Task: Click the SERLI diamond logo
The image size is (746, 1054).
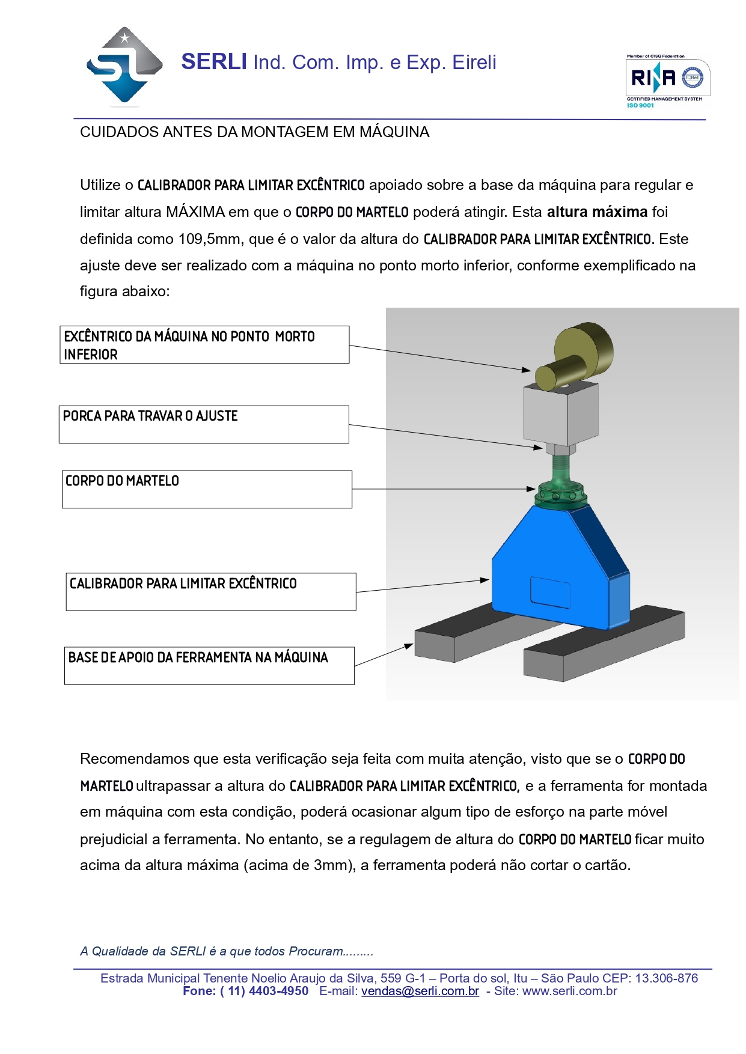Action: coord(124,67)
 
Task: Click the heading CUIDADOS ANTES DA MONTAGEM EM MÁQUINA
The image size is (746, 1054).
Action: coord(254,132)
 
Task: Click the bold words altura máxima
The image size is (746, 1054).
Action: coord(596,212)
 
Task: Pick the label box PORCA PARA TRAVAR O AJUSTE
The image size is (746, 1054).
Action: coord(204,424)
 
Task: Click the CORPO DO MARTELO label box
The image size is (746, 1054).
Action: coord(207,489)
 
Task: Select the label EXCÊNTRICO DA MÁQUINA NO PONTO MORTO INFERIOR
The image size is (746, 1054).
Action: coord(204,345)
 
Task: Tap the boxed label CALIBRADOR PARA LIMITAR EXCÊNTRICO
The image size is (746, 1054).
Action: coord(211,591)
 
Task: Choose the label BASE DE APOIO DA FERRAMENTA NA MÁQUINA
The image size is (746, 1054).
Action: coord(209,665)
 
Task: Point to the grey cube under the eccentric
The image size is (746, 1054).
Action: coord(560,414)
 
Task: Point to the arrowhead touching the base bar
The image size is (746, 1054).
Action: coord(409,646)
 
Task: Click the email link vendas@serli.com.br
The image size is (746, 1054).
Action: coord(420,991)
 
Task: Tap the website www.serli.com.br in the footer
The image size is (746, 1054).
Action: coord(569,991)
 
